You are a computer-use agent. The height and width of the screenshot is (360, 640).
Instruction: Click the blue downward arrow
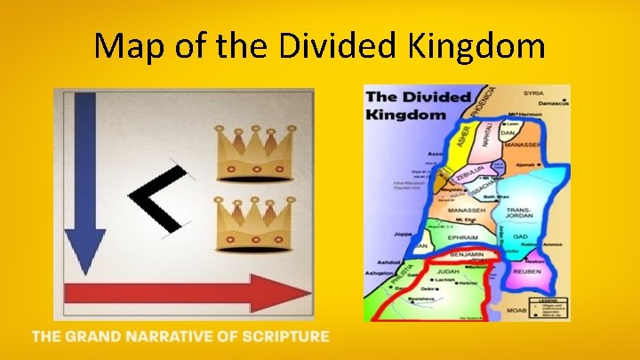click(x=86, y=178)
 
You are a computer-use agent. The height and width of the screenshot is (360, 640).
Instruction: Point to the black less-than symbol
click(x=160, y=201)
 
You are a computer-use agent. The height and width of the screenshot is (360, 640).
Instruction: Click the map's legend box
click(x=549, y=305)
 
